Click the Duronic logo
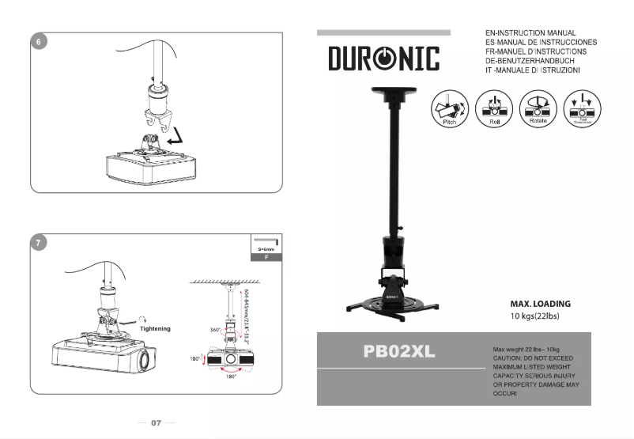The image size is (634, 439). (x=384, y=59)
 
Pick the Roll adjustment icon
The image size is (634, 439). (x=494, y=108)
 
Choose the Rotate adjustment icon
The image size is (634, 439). (x=538, y=108)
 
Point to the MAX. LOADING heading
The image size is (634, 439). (x=540, y=304)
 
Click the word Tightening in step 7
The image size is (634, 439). (x=155, y=327)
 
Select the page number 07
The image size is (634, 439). (x=157, y=423)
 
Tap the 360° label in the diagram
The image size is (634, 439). (x=215, y=329)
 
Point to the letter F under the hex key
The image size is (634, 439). (x=266, y=258)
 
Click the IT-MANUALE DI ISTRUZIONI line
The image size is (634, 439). (x=534, y=70)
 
